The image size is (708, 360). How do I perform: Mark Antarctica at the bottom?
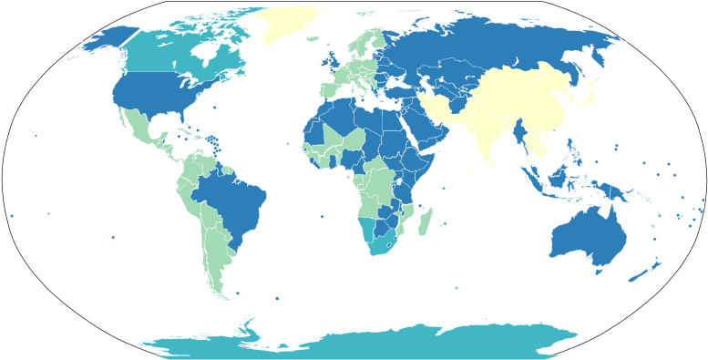click(x=364, y=345)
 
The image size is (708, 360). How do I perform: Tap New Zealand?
click(x=651, y=269)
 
